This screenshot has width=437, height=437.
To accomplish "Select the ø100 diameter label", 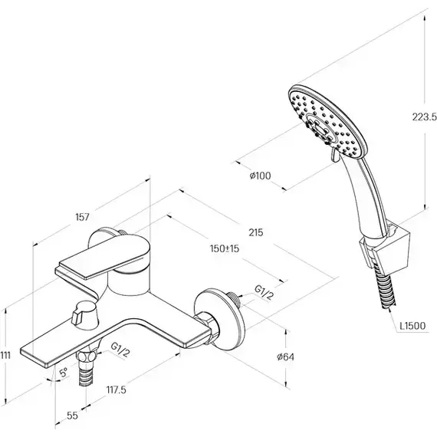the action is (261, 176).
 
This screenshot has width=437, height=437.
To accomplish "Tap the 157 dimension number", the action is (82, 217).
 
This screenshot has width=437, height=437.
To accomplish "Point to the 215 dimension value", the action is (256, 232).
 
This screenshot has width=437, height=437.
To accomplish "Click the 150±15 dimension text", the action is (225, 248).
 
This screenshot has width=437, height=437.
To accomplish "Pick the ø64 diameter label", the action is (285, 356).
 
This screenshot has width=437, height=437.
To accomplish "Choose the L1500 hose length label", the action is (412, 326).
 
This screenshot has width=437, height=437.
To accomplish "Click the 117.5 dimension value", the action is (117, 389).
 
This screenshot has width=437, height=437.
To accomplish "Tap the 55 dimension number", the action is (72, 416).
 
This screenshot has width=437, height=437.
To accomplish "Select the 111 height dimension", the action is (5, 355).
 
